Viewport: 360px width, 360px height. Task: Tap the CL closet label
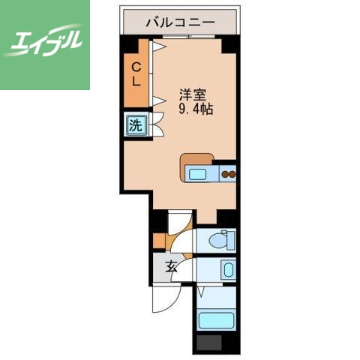click(136, 73)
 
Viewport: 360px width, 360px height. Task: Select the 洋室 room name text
click(192, 95)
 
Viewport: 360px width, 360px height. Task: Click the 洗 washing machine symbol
click(136, 124)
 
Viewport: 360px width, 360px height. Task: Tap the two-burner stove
click(227, 175)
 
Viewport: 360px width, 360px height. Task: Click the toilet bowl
click(220, 240)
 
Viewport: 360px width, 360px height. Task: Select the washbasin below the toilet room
click(227, 268)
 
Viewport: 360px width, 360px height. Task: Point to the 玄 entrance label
click(170, 265)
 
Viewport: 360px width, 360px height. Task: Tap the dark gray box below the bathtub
click(208, 344)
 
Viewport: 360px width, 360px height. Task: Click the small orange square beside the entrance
click(158, 241)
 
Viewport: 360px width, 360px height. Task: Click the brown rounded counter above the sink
click(196, 159)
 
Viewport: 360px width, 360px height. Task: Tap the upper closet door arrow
click(158, 47)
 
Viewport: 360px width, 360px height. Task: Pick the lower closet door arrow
click(158, 99)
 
